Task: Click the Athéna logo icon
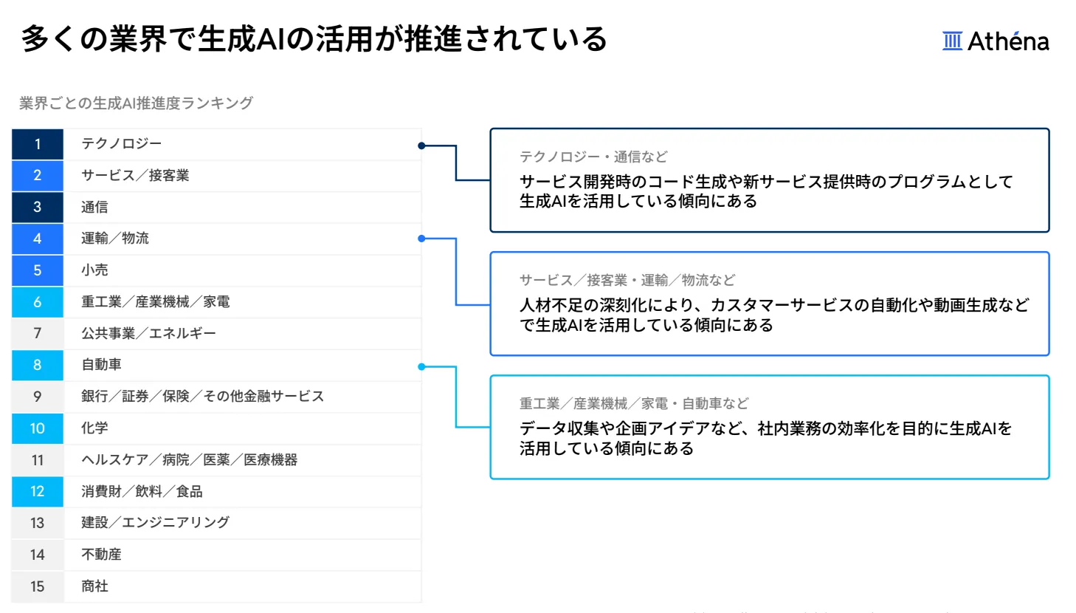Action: click(952, 41)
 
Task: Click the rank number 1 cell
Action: click(38, 144)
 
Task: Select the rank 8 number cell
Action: click(38, 365)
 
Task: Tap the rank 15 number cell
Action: click(38, 586)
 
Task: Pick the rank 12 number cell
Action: click(38, 491)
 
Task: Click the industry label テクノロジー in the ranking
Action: click(121, 143)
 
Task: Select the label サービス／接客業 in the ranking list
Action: click(135, 175)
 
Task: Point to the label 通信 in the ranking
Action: click(94, 207)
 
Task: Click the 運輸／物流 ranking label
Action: click(115, 238)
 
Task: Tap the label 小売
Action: click(94, 270)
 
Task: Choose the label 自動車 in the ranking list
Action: click(101, 364)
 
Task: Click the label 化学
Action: click(94, 428)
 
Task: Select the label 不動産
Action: click(101, 554)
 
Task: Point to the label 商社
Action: click(94, 586)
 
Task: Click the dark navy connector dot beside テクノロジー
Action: click(421, 145)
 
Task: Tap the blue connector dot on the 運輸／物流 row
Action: click(421, 239)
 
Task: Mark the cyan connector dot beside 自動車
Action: click(421, 366)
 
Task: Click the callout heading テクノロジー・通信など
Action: click(593, 157)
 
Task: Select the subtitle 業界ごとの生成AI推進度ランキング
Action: click(136, 103)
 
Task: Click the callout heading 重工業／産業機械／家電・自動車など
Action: click(634, 403)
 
